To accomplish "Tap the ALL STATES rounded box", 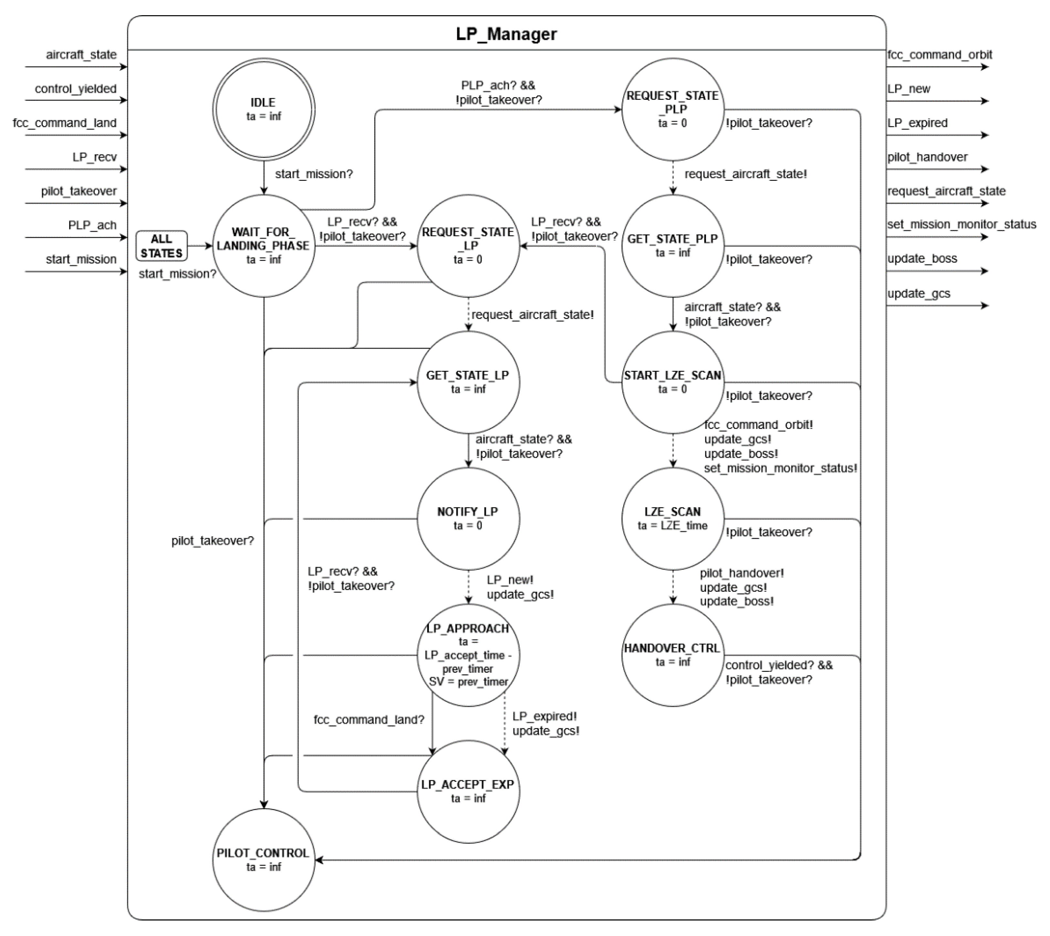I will tap(161, 246).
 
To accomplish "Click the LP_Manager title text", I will tap(506, 34).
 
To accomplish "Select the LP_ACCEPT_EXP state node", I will tap(468, 791).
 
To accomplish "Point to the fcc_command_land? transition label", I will tap(369, 720).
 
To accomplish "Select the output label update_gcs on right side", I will tap(918, 293).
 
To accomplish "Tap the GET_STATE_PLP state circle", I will tap(672, 245).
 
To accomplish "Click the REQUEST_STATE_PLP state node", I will tap(672, 109).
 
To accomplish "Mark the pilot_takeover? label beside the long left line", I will tap(213, 541).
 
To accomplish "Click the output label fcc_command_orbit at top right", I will tap(940, 55).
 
